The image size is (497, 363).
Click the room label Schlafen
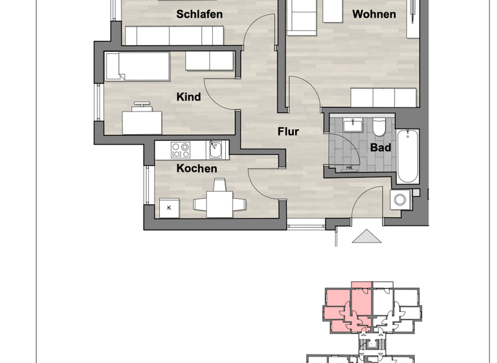tap(199, 14)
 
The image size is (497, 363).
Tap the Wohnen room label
tap(373, 14)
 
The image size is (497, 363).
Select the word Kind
tap(188, 97)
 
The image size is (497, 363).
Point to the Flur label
tap(288, 132)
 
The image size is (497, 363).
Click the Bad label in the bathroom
tap(380, 148)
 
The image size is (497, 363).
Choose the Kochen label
tap(197, 169)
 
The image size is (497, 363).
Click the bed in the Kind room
tap(137, 66)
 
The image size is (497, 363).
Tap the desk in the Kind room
tap(142, 121)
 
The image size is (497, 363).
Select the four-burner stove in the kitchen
tap(181, 150)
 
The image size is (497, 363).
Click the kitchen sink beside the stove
tap(216, 150)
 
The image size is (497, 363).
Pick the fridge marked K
tap(170, 207)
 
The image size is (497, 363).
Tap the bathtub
tap(408, 156)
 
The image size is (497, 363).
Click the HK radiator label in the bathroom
tap(349, 168)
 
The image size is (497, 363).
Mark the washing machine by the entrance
tap(401, 200)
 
